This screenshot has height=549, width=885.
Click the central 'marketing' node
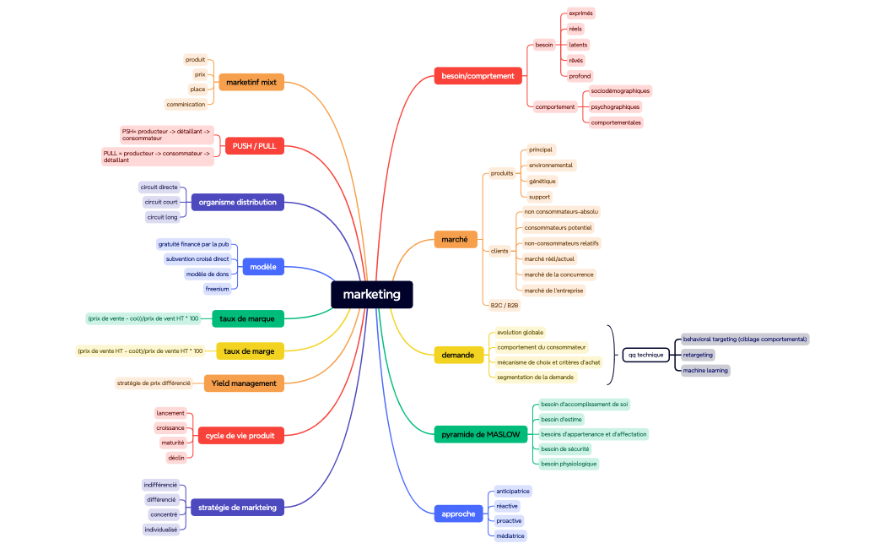[371, 295]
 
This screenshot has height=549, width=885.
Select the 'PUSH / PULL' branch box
[254, 146]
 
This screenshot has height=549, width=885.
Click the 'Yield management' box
[244, 383]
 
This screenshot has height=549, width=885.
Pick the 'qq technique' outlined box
[645, 355]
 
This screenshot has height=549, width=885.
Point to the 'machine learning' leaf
[705, 371]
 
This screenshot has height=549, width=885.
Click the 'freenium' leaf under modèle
[217, 289]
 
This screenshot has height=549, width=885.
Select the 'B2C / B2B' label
[504, 305]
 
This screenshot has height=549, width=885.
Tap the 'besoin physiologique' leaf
[568, 464]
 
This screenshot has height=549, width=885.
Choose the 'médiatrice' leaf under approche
[510, 535]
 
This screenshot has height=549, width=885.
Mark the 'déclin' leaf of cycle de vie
[175, 458]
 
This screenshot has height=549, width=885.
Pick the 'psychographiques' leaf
[615, 107]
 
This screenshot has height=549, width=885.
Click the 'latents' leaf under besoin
[578, 45]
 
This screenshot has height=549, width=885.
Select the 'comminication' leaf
[186, 105]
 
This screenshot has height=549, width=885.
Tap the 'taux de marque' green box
[247, 318]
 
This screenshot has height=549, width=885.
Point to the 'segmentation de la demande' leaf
[535, 377]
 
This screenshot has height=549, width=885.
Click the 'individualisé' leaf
[160, 530]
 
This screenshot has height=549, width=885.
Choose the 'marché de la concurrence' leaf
[559, 274]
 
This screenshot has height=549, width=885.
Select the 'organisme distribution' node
[238, 202]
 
